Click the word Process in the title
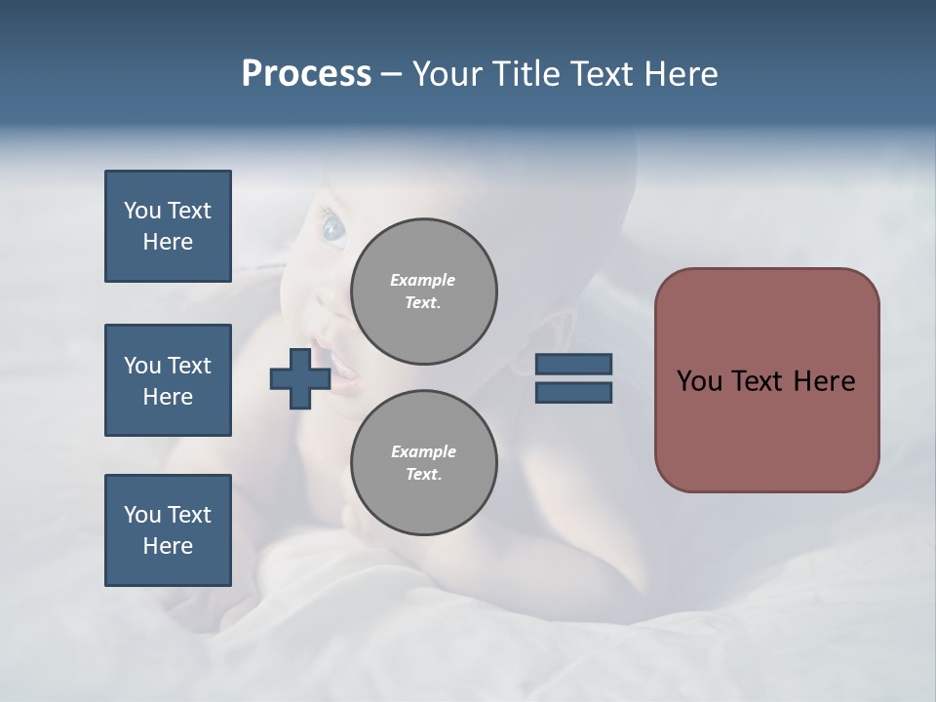[306, 74]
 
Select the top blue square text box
[168, 226]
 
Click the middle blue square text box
[168, 380]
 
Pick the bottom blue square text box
[168, 530]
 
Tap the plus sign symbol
[300, 378]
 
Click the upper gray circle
[424, 292]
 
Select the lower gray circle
[424, 463]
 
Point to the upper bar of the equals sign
[573, 364]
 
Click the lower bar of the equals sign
[573, 393]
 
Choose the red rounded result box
[766, 380]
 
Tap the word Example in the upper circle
[422, 280]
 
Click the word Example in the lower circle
[423, 451]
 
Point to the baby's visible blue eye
[333, 229]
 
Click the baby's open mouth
[342, 367]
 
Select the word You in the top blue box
[142, 211]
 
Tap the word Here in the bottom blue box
[168, 546]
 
